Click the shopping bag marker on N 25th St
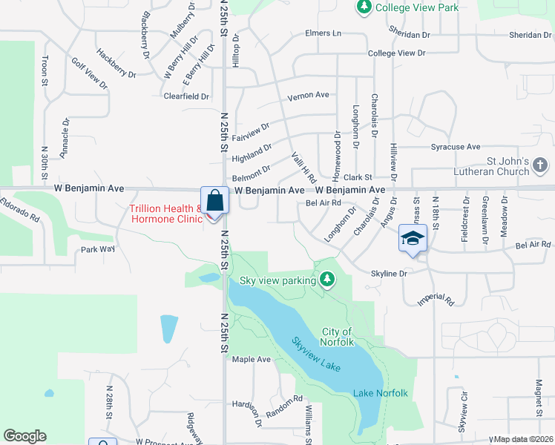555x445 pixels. pyautogui.click(x=214, y=201)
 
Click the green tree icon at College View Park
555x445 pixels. pyautogui.click(x=364, y=8)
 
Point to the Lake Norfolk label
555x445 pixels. pyautogui.click(x=381, y=392)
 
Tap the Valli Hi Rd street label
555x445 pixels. pyautogui.click(x=304, y=168)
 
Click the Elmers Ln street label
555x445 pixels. pyautogui.click(x=323, y=33)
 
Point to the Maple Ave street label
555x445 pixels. pyautogui.click(x=252, y=359)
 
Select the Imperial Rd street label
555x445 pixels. pyautogui.click(x=436, y=299)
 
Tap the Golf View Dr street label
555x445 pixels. pyautogui.click(x=89, y=73)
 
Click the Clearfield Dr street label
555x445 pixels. pyautogui.click(x=186, y=96)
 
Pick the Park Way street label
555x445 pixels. pyautogui.click(x=98, y=249)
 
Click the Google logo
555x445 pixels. pyautogui.click(x=24, y=436)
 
